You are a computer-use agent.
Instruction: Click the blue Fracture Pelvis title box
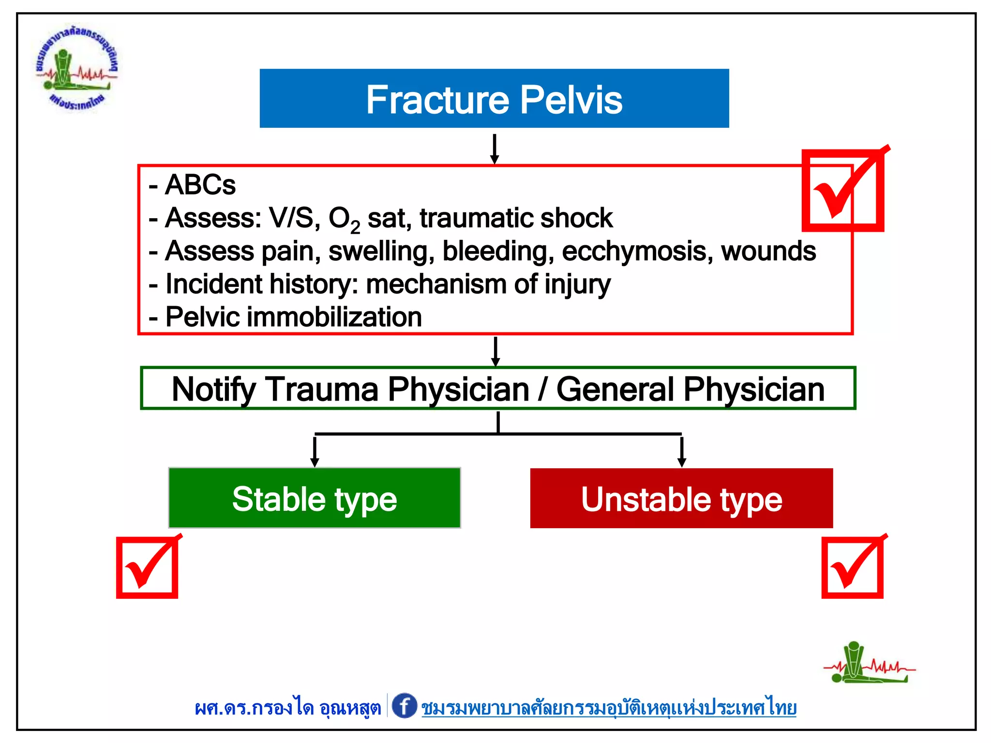(x=494, y=99)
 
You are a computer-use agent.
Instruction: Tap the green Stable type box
(x=315, y=498)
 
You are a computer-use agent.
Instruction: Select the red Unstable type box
(x=681, y=498)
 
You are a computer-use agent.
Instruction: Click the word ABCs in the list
(x=200, y=185)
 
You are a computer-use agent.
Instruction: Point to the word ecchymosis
(x=637, y=252)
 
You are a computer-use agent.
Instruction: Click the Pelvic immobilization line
(x=293, y=317)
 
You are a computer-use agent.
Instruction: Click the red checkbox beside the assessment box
(x=843, y=191)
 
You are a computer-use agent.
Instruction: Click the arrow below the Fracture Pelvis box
(x=494, y=149)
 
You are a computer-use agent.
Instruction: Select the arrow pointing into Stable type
(x=315, y=452)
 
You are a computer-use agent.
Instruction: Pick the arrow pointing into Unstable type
(x=682, y=452)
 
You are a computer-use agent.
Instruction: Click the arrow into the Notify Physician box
(x=495, y=352)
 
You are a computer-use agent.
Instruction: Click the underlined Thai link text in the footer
(x=609, y=708)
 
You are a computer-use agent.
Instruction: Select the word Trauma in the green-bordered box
(x=322, y=389)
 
